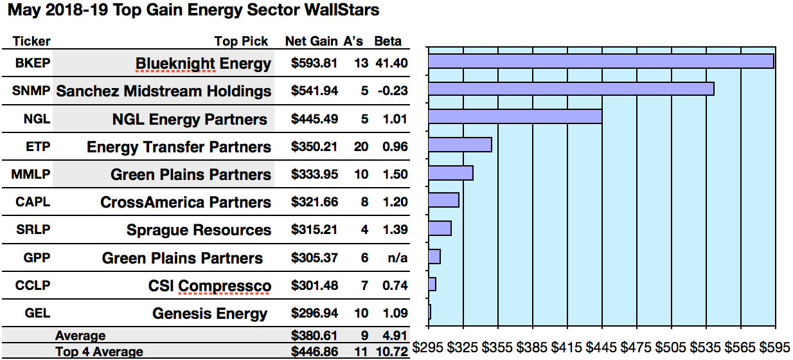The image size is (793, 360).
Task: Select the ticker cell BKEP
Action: click(x=32, y=64)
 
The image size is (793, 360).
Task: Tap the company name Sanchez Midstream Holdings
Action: click(x=164, y=91)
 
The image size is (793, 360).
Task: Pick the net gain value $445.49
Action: click(x=314, y=119)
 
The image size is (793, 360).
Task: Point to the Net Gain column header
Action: click(x=311, y=41)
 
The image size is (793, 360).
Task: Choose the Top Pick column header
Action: click(x=241, y=41)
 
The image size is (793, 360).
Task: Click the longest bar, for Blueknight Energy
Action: click(x=600, y=61)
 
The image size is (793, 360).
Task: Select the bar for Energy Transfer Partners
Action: click(x=459, y=145)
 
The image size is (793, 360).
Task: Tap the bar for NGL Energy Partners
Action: click(x=515, y=116)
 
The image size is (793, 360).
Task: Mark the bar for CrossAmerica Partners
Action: click(x=443, y=200)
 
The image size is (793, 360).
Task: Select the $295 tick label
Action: click(x=428, y=348)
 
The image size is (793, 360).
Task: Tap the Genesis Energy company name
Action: click(x=209, y=314)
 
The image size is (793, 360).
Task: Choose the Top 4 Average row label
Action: click(x=99, y=352)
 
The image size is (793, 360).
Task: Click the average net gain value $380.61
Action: click(x=314, y=336)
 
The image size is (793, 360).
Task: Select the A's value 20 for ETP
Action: click(x=361, y=147)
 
